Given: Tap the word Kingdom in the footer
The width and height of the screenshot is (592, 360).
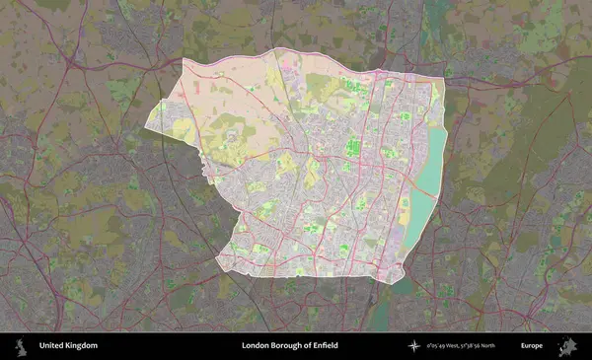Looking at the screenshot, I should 82,346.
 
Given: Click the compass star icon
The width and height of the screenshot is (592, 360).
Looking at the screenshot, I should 414,346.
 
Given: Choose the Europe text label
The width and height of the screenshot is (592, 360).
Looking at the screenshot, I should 532,346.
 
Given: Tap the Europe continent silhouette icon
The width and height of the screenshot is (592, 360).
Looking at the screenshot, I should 567,346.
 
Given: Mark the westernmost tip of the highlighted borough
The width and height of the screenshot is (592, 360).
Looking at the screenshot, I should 146,126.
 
